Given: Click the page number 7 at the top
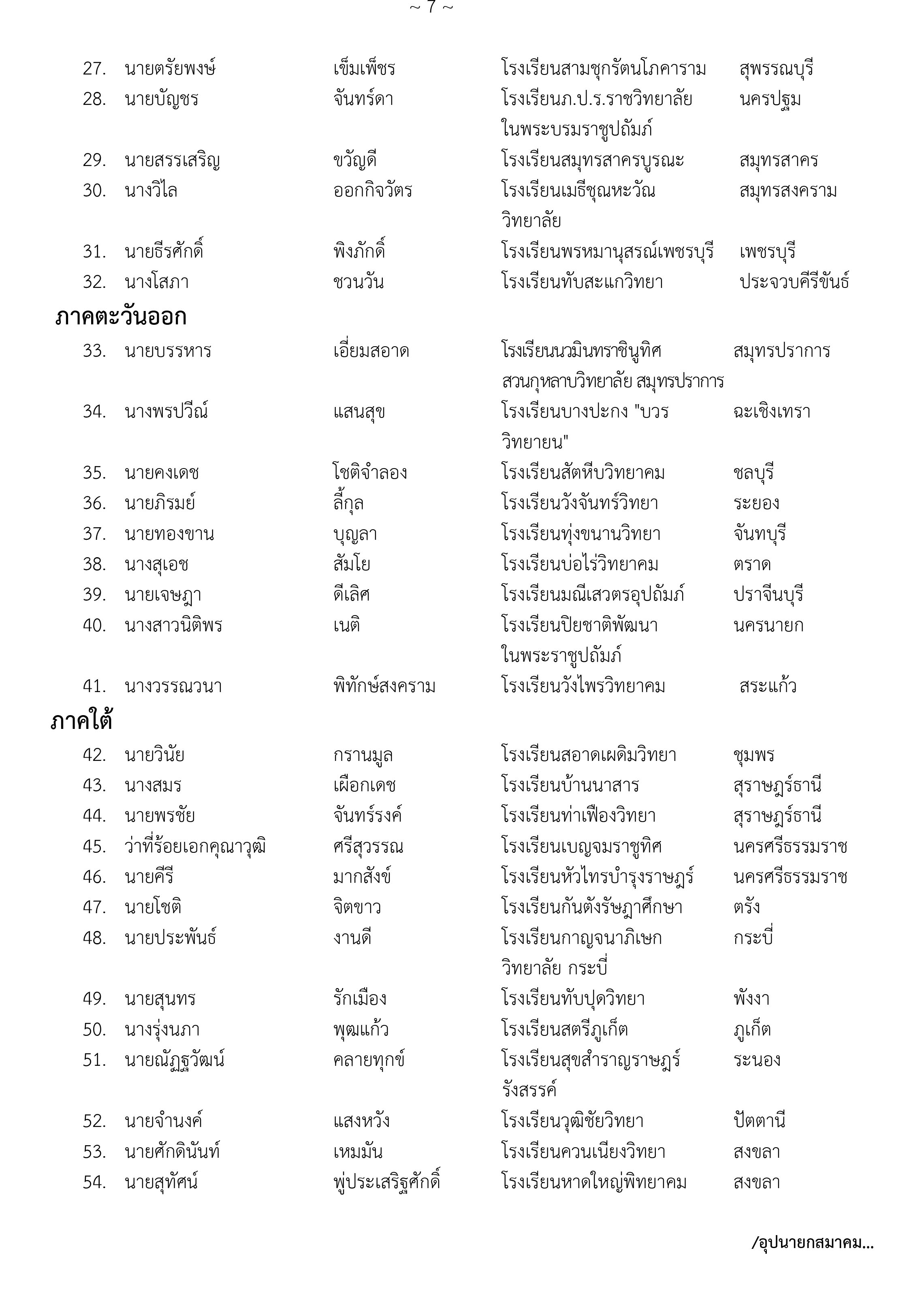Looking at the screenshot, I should click(x=431, y=8).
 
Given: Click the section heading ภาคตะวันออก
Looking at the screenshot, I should click(x=121, y=317).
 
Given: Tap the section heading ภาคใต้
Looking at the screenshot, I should click(x=81, y=720).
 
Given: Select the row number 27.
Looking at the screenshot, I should click(x=94, y=69).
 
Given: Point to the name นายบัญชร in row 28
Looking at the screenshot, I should click(x=162, y=100).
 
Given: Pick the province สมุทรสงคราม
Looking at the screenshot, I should click(x=788, y=191).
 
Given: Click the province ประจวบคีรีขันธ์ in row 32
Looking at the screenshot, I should click(x=794, y=282).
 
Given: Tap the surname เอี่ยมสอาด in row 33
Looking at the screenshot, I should click(x=371, y=351).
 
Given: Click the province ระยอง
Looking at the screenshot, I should click(x=756, y=503).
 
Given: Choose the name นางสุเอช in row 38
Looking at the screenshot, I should click(x=156, y=564).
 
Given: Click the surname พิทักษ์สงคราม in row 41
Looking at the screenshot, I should click(x=384, y=686).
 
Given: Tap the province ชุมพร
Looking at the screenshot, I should click(x=754, y=755).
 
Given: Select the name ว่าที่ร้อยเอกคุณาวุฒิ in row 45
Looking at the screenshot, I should click(x=195, y=847).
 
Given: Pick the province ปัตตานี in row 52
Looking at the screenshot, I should click(x=760, y=1121).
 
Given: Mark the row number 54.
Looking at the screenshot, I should click(x=94, y=1182).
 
